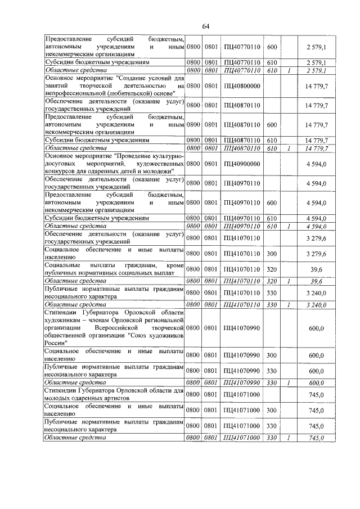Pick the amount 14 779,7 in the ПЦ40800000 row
click(x=317, y=85)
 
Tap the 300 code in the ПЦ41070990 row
click(x=272, y=355)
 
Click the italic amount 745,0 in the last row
click(x=319, y=438)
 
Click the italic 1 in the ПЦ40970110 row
click(x=289, y=226)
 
